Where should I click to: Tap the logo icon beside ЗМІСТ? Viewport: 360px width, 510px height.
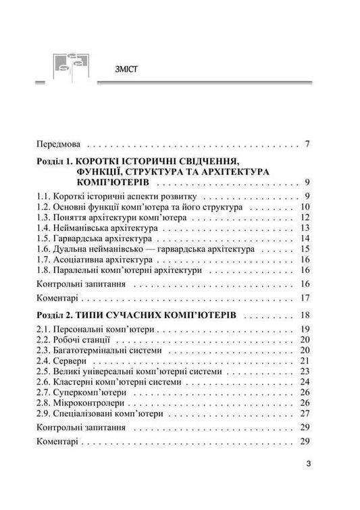70,66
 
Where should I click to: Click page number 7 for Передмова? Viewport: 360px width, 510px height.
307,144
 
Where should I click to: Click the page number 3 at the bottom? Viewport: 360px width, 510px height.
307,463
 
